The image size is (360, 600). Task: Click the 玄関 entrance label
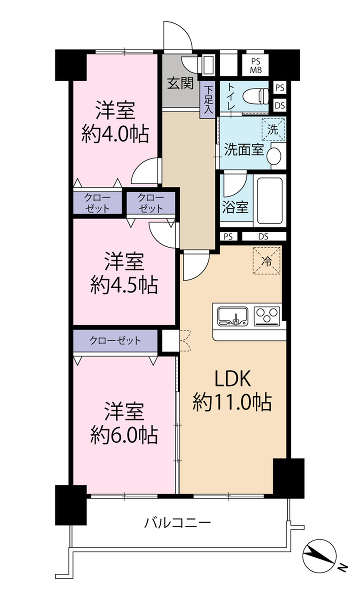pyautogui.click(x=181, y=83)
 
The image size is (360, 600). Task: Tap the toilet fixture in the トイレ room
pyautogui.click(x=258, y=95)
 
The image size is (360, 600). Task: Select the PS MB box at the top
pyautogui.click(x=255, y=65)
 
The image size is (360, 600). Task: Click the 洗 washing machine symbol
pyautogui.click(x=273, y=129)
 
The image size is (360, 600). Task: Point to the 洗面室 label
pyautogui.click(x=244, y=150)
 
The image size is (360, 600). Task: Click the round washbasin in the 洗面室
pyautogui.click(x=274, y=156)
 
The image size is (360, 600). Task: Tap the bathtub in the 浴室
pyautogui.click(x=270, y=201)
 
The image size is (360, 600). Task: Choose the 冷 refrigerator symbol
pyautogui.click(x=267, y=261)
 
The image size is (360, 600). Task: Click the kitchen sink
pyautogui.click(x=233, y=316)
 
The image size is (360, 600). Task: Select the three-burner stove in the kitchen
pyautogui.click(x=267, y=316)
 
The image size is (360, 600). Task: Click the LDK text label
pyautogui.click(x=232, y=378)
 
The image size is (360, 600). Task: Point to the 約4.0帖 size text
pyautogui.click(x=115, y=135)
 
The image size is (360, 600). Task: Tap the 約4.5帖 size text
pyautogui.click(x=124, y=285)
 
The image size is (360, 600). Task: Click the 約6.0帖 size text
pyautogui.click(x=124, y=435)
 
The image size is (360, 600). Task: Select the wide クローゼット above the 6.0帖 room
pyautogui.click(x=115, y=341)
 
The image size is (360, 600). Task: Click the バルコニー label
pyautogui.click(x=178, y=522)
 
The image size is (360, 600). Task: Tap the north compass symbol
pyautogui.click(x=319, y=555)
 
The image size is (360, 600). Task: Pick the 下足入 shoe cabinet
pyautogui.click(x=208, y=100)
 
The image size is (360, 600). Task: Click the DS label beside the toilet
pyautogui.click(x=280, y=105)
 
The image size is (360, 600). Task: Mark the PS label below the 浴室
pyautogui.click(x=228, y=236)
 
